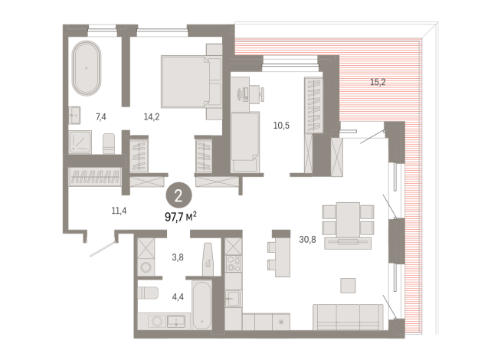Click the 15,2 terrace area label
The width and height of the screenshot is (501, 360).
[x=378, y=82]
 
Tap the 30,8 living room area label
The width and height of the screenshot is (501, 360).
[x=307, y=239]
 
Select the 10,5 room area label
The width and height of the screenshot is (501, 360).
[x=281, y=126]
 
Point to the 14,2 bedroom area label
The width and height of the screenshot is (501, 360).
[x=152, y=117]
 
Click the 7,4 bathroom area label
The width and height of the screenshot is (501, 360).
[x=101, y=117]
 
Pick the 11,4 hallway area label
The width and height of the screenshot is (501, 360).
[x=119, y=211]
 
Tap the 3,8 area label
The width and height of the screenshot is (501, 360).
[x=178, y=257]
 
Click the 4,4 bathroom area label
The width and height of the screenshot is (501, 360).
[x=178, y=297]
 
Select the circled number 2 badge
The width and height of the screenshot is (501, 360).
[x=178, y=195]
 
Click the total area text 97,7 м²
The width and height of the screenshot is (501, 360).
[x=181, y=218]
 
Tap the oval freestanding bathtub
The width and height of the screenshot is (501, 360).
[x=87, y=68]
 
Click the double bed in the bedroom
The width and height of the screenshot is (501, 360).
[x=191, y=81]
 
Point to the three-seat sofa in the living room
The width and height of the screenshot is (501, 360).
[x=348, y=317]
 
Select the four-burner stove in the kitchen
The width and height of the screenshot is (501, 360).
[x=234, y=263]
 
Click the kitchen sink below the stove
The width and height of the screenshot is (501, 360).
[x=233, y=299]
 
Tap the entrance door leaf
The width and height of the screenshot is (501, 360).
[x=103, y=249]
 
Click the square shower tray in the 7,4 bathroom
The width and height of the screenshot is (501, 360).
[x=80, y=142]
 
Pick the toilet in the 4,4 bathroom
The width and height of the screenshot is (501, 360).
[x=148, y=293]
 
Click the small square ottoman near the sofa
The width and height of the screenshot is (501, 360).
[x=348, y=286]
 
